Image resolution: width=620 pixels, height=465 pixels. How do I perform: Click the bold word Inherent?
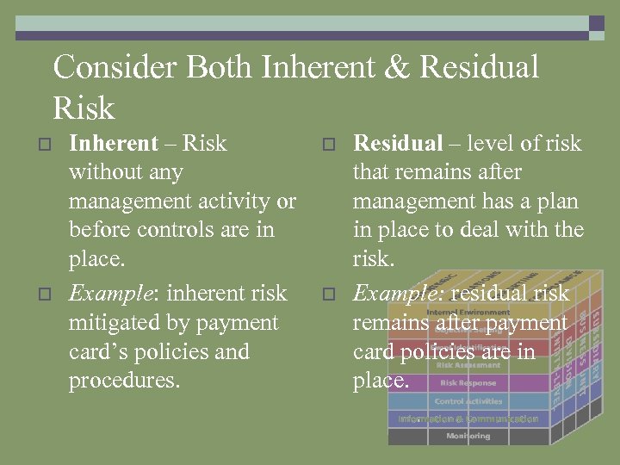[113, 143]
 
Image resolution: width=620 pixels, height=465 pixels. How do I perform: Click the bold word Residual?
[398, 143]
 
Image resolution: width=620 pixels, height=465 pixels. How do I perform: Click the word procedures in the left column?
[124, 381]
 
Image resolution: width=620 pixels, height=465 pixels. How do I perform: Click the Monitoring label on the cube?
[468, 436]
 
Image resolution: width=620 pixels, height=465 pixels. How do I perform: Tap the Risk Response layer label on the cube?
[468, 383]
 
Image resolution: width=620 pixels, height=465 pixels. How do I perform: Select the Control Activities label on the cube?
[468, 401]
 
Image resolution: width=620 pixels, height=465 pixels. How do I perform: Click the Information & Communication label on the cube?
[468, 419]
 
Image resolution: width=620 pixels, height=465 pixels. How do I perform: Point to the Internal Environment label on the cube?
[468, 312]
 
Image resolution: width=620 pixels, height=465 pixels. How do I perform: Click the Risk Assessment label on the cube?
[468, 365]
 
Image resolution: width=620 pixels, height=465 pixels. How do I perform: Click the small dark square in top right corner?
[596, 23]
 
